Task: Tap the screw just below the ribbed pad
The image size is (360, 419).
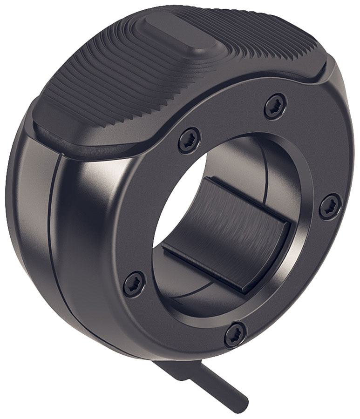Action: tap(190, 140)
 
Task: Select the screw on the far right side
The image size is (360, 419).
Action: tap(330, 206)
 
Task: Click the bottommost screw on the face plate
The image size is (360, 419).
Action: tap(235, 335)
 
